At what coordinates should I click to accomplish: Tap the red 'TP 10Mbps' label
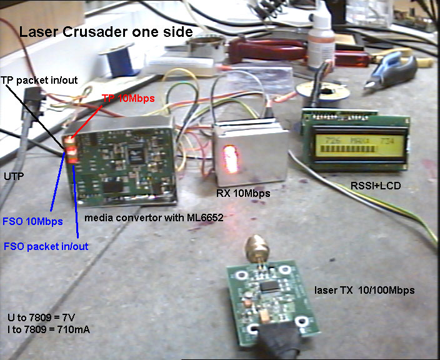pos(129,98)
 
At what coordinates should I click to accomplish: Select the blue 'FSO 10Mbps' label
pos(32,221)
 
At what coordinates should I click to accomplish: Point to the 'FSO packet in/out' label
pos(46,246)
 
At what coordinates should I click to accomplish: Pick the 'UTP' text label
pos(13,177)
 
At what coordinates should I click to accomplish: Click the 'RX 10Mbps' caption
pos(243,193)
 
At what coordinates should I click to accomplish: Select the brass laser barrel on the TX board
pos(256,249)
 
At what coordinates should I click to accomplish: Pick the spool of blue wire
pos(118,61)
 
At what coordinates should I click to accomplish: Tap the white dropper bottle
pos(318,37)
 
